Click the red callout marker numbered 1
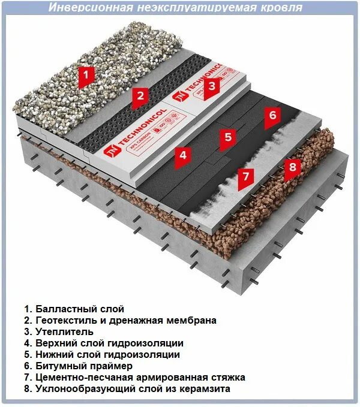point(88,76)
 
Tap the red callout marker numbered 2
point(141,96)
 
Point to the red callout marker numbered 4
point(183,155)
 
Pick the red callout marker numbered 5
point(227,137)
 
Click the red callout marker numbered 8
point(292,167)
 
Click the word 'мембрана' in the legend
point(192,320)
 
